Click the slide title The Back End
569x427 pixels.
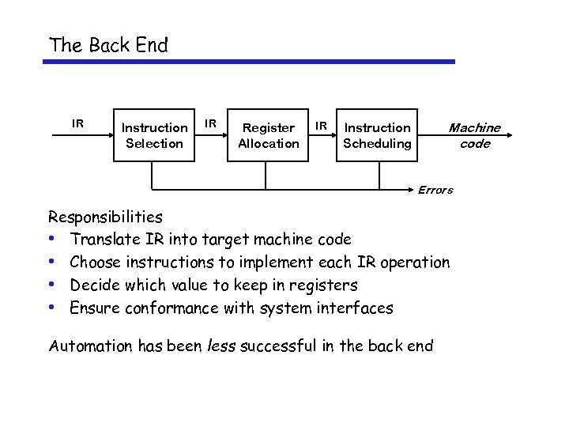click(x=108, y=45)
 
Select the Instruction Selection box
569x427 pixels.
click(x=154, y=135)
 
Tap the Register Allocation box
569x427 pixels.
click(x=268, y=135)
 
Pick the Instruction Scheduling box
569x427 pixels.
click(x=377, y=135)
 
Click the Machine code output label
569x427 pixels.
click(x=474, y=135)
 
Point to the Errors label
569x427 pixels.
click(x=435, y=190)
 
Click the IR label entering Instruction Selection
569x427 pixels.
click(x=77, y=123)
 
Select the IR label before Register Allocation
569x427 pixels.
click(x=211, y=123)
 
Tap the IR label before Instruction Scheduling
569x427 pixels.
click(x=321, y=125)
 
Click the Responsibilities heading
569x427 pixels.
click(x=105, y=217)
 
